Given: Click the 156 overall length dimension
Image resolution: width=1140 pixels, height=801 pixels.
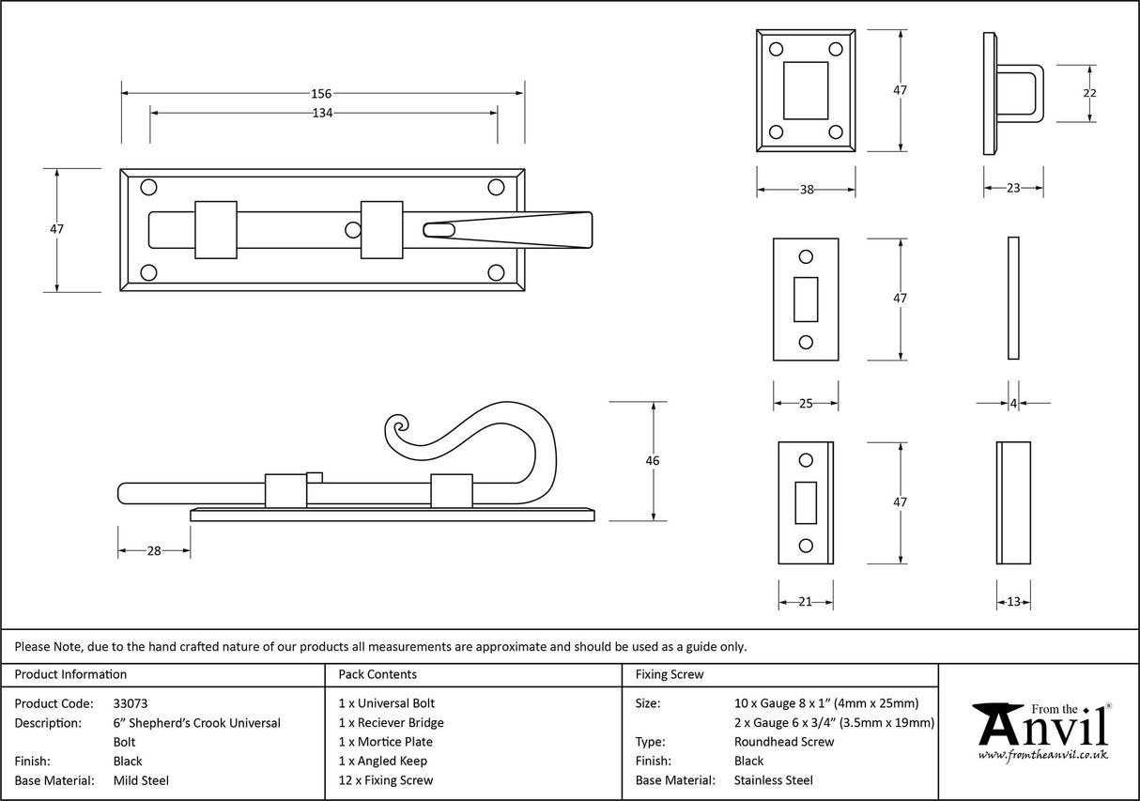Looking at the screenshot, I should [x=321, y=93].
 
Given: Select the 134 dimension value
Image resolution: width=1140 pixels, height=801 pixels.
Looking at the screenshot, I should [x=322, y=113].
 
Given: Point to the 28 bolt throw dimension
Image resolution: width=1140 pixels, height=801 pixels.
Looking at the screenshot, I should [x=154, y=551].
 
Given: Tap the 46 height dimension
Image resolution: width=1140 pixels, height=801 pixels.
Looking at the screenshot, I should [x=653, y=461].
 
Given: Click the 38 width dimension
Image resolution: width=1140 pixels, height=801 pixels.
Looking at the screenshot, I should [x=806, y=189].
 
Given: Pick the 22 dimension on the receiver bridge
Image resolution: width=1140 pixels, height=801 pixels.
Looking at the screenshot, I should [x=1089, y=93].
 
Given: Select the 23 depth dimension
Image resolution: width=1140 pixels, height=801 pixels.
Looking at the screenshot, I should [x=1013, y=189].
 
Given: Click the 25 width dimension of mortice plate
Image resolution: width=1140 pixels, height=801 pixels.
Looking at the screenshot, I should [x=805, y=404].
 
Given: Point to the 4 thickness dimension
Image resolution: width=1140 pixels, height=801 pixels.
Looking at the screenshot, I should [x=1013, y=404].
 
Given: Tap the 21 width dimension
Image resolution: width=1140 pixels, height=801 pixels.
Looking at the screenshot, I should [x=805, y=602].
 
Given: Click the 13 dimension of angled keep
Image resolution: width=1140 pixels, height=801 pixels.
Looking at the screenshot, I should [x=1013, y=602].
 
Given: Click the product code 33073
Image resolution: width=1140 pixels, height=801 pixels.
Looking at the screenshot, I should [x=130, y=703].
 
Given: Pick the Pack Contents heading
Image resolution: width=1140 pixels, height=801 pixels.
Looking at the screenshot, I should [x=377, y=674].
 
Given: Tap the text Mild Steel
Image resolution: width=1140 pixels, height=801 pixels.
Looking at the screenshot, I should [x=141, y=780].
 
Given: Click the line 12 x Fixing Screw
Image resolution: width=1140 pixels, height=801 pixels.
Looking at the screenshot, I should [x=386, y=780].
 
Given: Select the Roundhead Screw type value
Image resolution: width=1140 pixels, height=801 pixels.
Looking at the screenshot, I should [x=784, y=742].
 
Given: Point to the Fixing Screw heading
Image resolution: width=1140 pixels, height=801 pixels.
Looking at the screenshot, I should [x=669, y=674].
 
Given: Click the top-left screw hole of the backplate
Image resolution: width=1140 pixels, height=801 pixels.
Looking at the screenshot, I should [x=148, y=188].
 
